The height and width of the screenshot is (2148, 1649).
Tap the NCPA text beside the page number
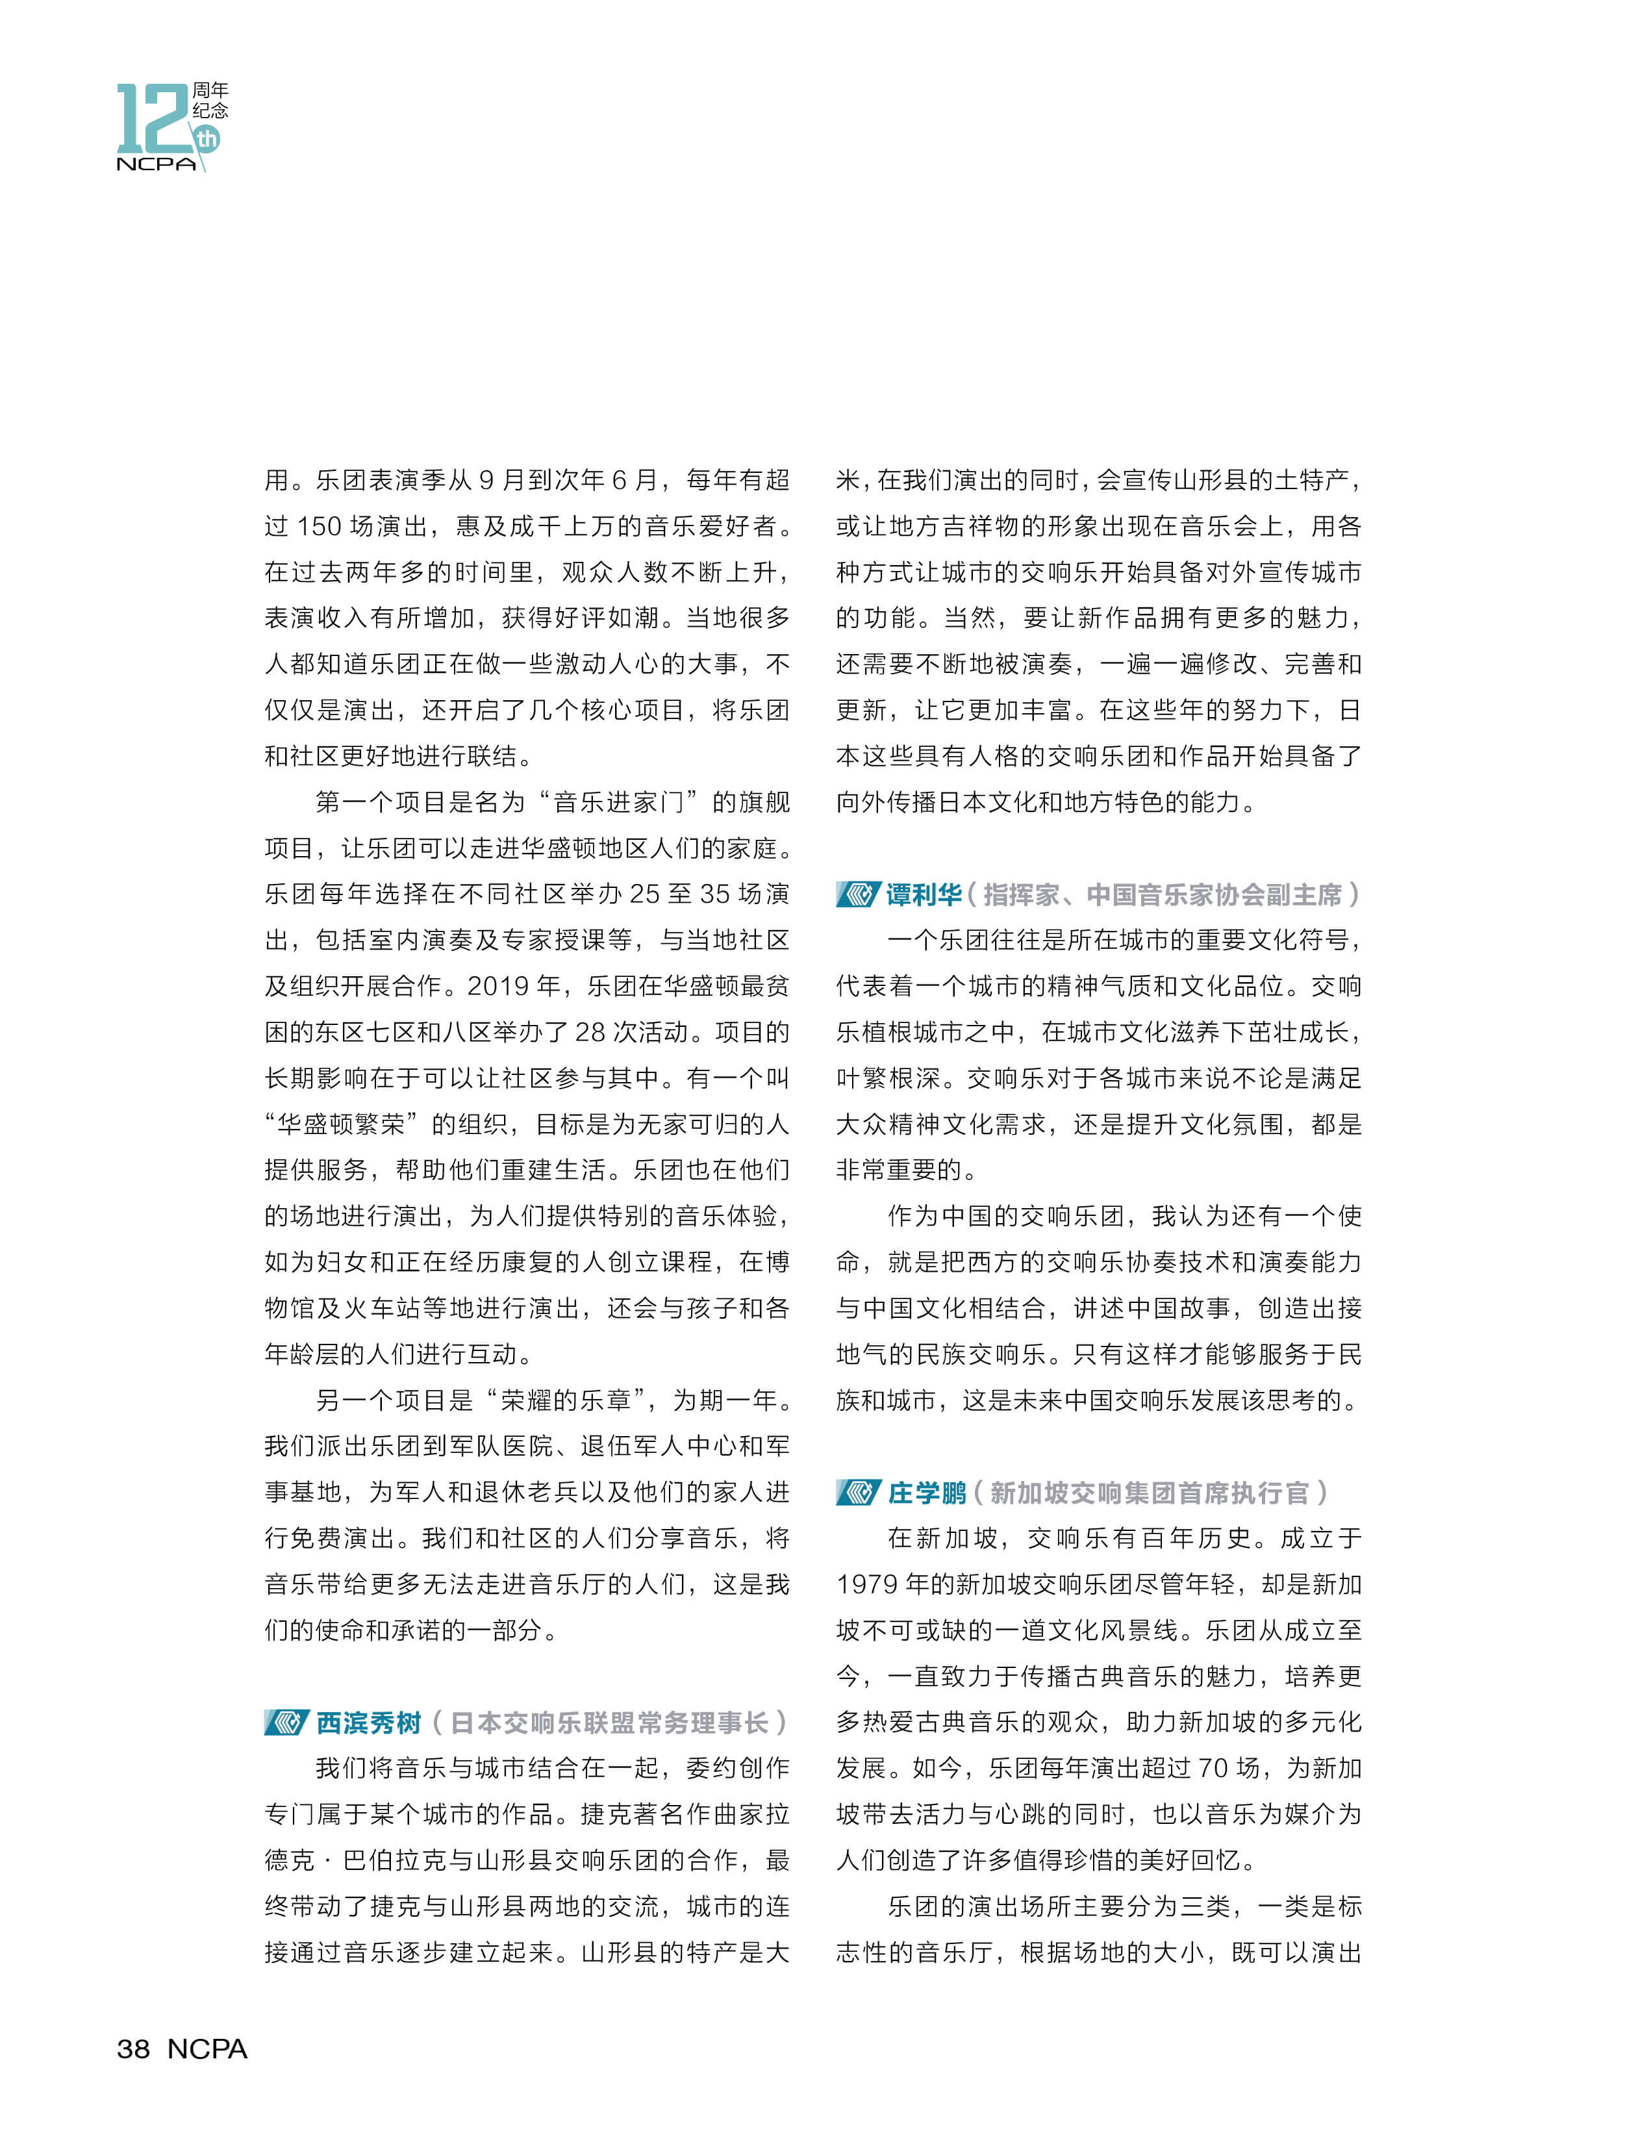pyautogui.click(x=207, y=2049)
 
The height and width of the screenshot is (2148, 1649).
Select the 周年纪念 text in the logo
pyautogui.click(x=210, y=100)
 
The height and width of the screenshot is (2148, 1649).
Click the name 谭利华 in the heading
pyautogui.click(x=924, y=894)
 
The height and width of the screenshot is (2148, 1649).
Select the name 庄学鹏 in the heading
pyautogui.click(x=927, y=1493)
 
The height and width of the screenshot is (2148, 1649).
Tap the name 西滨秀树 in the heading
pyautogui.click(x=369, y=1723)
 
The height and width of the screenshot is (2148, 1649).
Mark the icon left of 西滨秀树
pyautogui.click(x=286, y=1723)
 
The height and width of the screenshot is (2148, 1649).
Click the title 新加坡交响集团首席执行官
pyautogui.click(x=1148, y=1493)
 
